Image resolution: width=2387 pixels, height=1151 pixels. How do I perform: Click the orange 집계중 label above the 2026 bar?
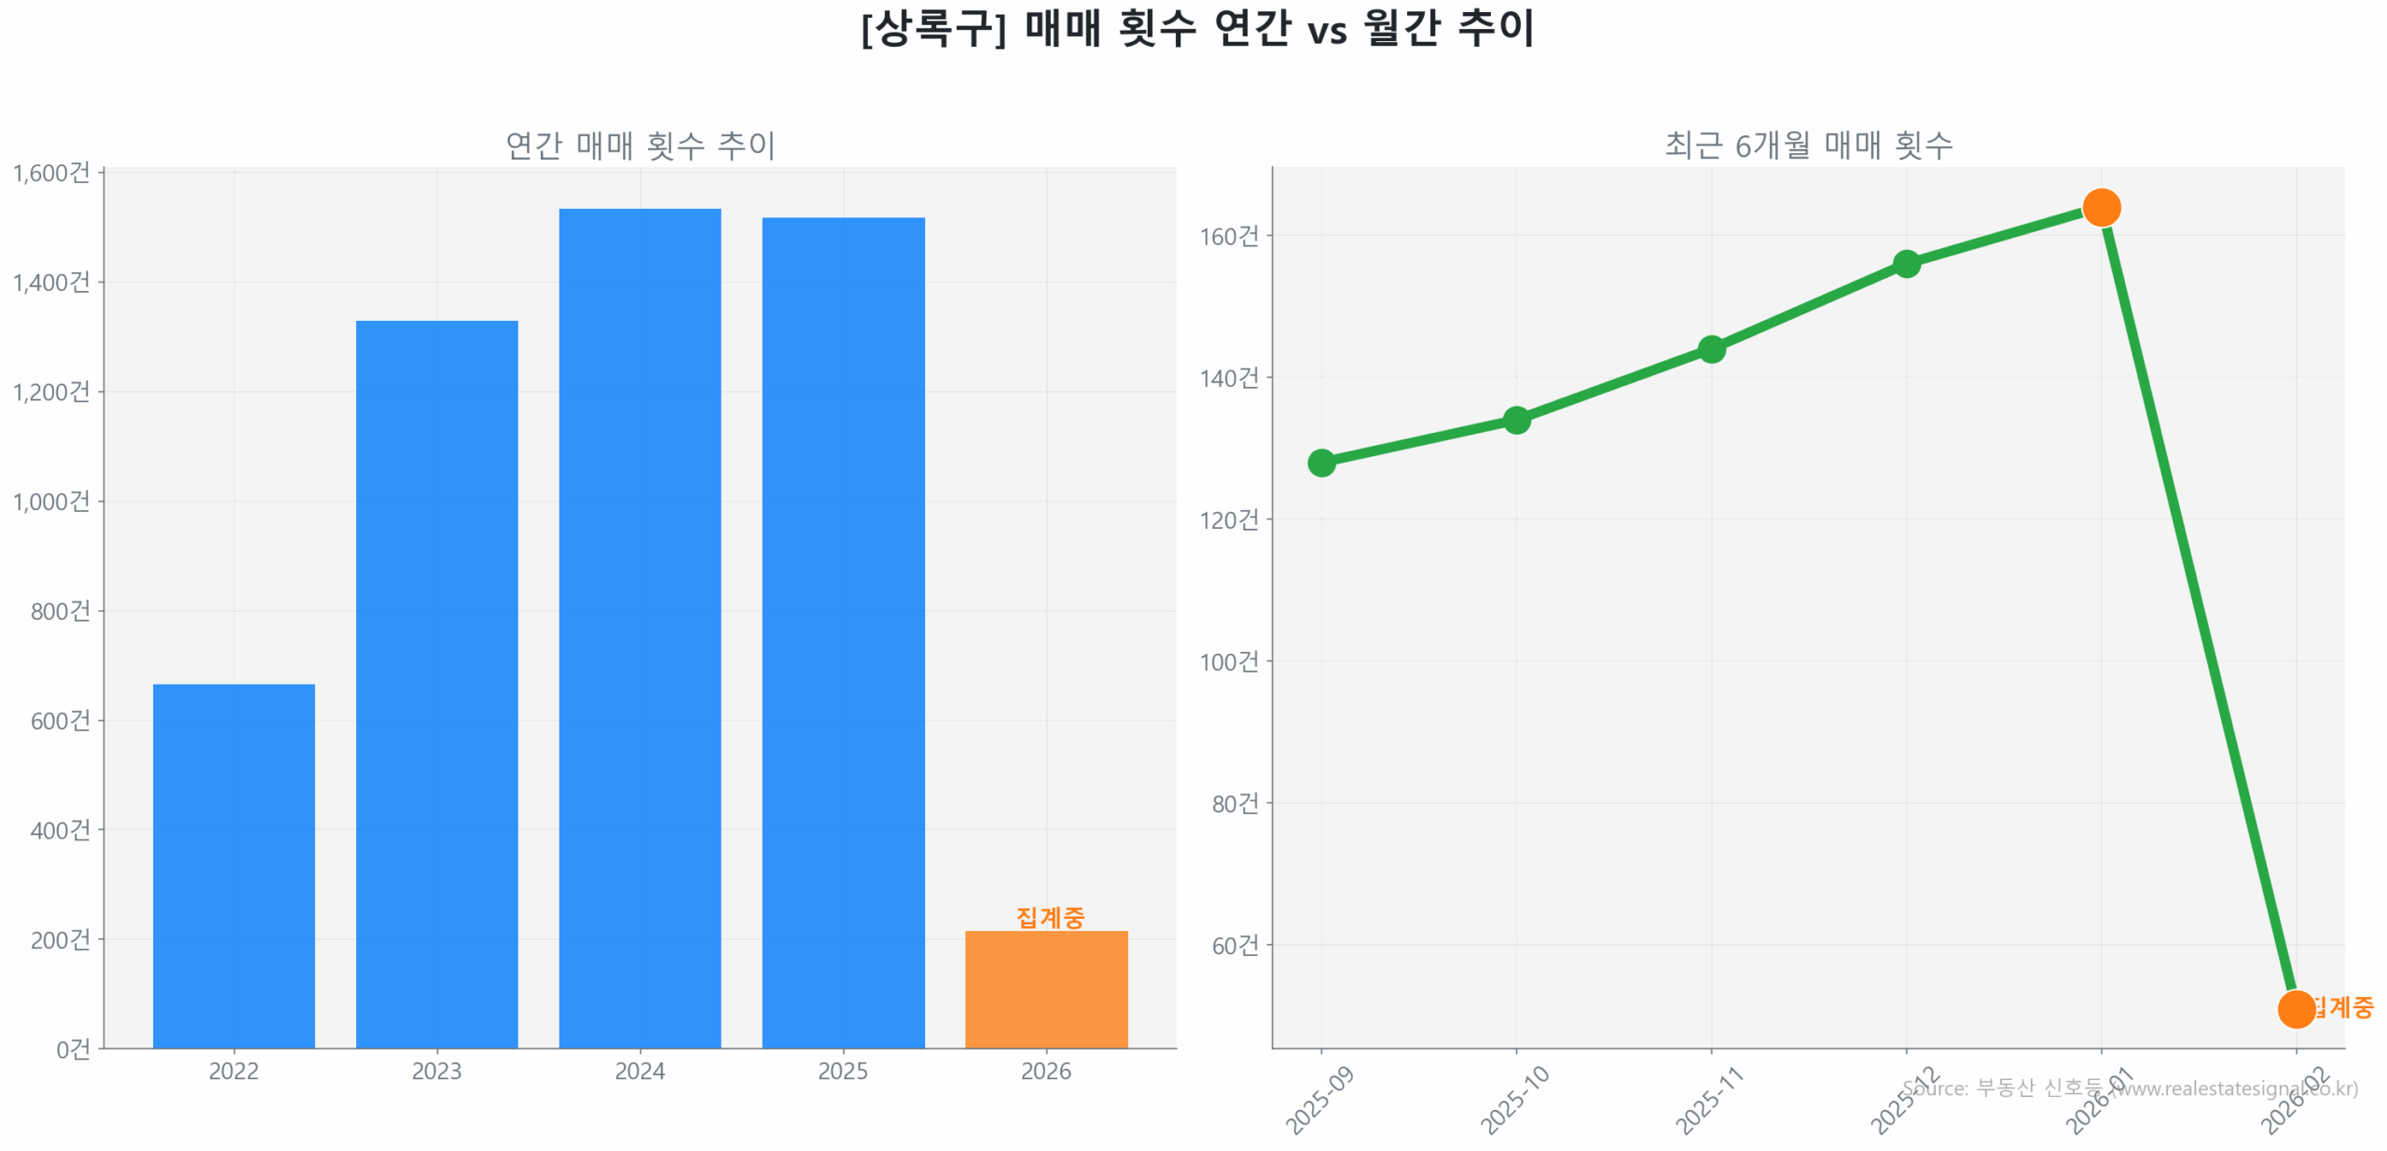(x=1050, y=916)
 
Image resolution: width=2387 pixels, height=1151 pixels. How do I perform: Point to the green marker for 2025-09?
(x=1321, y=462)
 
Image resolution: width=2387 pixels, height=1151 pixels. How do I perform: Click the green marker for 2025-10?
(x=1516, y=420)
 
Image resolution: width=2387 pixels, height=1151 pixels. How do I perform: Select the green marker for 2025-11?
(x=1711, y=349)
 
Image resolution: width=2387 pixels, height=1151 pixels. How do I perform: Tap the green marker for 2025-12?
(x=1906, y=264)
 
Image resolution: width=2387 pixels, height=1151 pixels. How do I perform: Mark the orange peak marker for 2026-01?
(x=2101, y=207)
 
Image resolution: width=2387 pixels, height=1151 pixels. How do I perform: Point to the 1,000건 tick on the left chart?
(x=51, y=501)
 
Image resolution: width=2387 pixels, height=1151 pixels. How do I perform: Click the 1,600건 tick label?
(x=51, y=173)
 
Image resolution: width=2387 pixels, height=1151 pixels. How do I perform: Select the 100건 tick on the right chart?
(x=1229, y=661)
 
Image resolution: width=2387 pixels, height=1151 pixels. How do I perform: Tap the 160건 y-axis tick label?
(x=1229, y=236)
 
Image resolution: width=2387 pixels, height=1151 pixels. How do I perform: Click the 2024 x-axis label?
(x=640, y=1070)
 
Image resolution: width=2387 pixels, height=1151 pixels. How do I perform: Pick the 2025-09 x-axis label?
(x=1319, y=1101)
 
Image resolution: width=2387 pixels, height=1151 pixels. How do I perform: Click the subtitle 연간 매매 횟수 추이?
(x=640, y=146)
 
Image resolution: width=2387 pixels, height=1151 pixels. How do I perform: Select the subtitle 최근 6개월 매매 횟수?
(x=1808, y=146)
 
